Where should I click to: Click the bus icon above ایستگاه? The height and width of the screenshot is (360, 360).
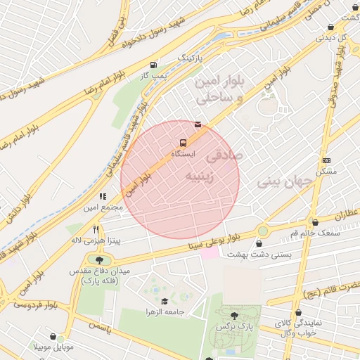[x=184, y=143]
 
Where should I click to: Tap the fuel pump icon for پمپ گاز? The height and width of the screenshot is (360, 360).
[x=153, y=64]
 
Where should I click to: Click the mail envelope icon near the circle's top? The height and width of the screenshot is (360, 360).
[x=198, y=124]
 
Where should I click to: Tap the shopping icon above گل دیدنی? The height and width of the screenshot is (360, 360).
[x=330, y=27]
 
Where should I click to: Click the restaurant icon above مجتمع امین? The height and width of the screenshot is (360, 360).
[x=103, y=197]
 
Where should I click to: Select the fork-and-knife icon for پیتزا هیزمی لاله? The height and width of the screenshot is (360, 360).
[x=96, y=229]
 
